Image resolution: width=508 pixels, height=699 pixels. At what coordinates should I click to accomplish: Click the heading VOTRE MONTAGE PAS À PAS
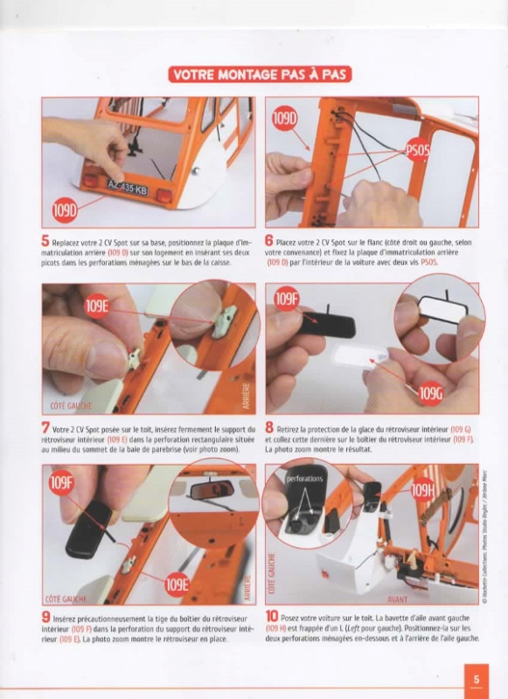[260, 74]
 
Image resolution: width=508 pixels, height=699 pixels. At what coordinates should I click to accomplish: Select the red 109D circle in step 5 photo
[65, 210]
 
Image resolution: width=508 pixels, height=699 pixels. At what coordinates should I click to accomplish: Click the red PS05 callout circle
[417, 151]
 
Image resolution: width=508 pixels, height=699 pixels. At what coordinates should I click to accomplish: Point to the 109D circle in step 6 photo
[285, 118]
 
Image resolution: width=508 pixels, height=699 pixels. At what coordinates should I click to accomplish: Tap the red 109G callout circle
[431, 394]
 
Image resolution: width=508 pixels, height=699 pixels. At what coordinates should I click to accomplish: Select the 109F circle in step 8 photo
[286, 299]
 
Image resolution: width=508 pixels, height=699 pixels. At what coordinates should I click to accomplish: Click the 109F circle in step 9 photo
[61, 482]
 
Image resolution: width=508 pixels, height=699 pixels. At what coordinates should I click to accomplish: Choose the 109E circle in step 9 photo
[177, 585]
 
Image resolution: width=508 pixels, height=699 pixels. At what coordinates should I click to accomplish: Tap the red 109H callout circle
[423, 490]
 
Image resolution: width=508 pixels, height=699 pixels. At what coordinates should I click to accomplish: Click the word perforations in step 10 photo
[304, 479]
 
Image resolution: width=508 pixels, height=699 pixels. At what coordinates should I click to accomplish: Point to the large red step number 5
[45, 241]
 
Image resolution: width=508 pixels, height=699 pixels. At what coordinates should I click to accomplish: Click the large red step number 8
[269, 427]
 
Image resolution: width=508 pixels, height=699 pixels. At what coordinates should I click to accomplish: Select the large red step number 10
[272, 617]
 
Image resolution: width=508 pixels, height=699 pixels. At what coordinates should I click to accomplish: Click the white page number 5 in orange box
[477, 680]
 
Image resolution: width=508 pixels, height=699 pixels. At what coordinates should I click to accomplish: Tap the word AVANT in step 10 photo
[397, 599]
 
